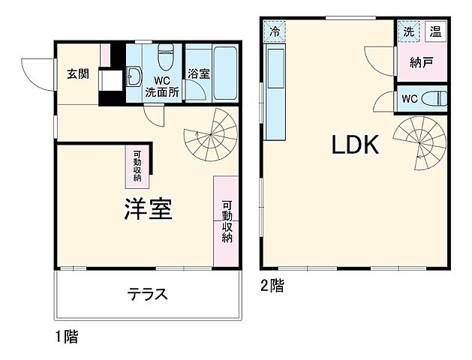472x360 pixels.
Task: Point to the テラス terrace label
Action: pos(146,295)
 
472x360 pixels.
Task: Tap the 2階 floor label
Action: pos(272,285)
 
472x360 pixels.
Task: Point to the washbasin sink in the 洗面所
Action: pos(135,76)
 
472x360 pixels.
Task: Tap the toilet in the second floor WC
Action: pos(432,97)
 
